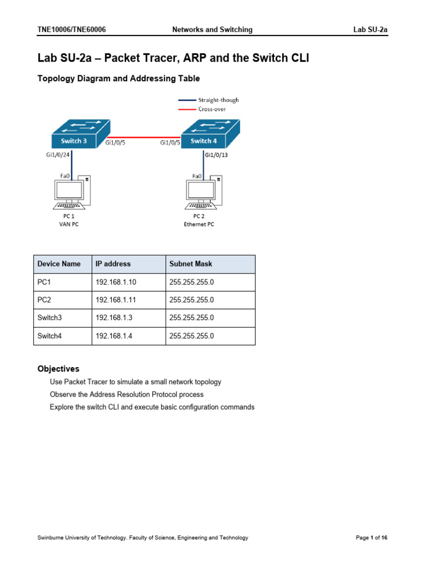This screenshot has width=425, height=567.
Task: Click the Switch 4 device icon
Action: (210, 136)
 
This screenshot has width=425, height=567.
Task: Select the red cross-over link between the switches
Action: (144, 136)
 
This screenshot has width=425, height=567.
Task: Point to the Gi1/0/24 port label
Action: (58, 156)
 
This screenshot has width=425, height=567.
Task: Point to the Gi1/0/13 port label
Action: (216, 156)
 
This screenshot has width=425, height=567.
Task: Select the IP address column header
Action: (113, 264)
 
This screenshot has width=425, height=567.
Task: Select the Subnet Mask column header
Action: (190, 264)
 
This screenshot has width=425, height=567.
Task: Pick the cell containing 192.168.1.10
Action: (116, 282)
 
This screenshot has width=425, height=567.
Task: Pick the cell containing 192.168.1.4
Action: (113, 336)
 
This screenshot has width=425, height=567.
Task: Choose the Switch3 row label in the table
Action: (50, 318)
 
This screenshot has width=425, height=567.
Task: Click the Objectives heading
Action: (58, 369)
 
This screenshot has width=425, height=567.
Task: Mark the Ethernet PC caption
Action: (199, 224)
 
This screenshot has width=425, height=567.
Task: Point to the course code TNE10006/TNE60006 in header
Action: (71, 30)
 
